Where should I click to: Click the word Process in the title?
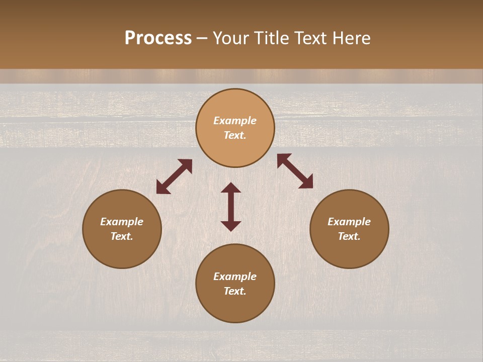coord(158,38)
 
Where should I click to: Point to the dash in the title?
coord(202,39)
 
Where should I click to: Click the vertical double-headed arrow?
coord(231,207)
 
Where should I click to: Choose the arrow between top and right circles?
coord(295,171)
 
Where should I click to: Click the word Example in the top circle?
coord(235,121)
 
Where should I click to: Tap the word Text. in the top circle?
coord(235,135)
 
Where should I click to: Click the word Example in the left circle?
coord(122,222)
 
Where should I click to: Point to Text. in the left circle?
coord(122,236)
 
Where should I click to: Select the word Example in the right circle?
coord(349,222)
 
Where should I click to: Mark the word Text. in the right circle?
coord(349,236)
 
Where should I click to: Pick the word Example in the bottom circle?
coord(235,277)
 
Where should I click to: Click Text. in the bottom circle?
coord(235,291)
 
